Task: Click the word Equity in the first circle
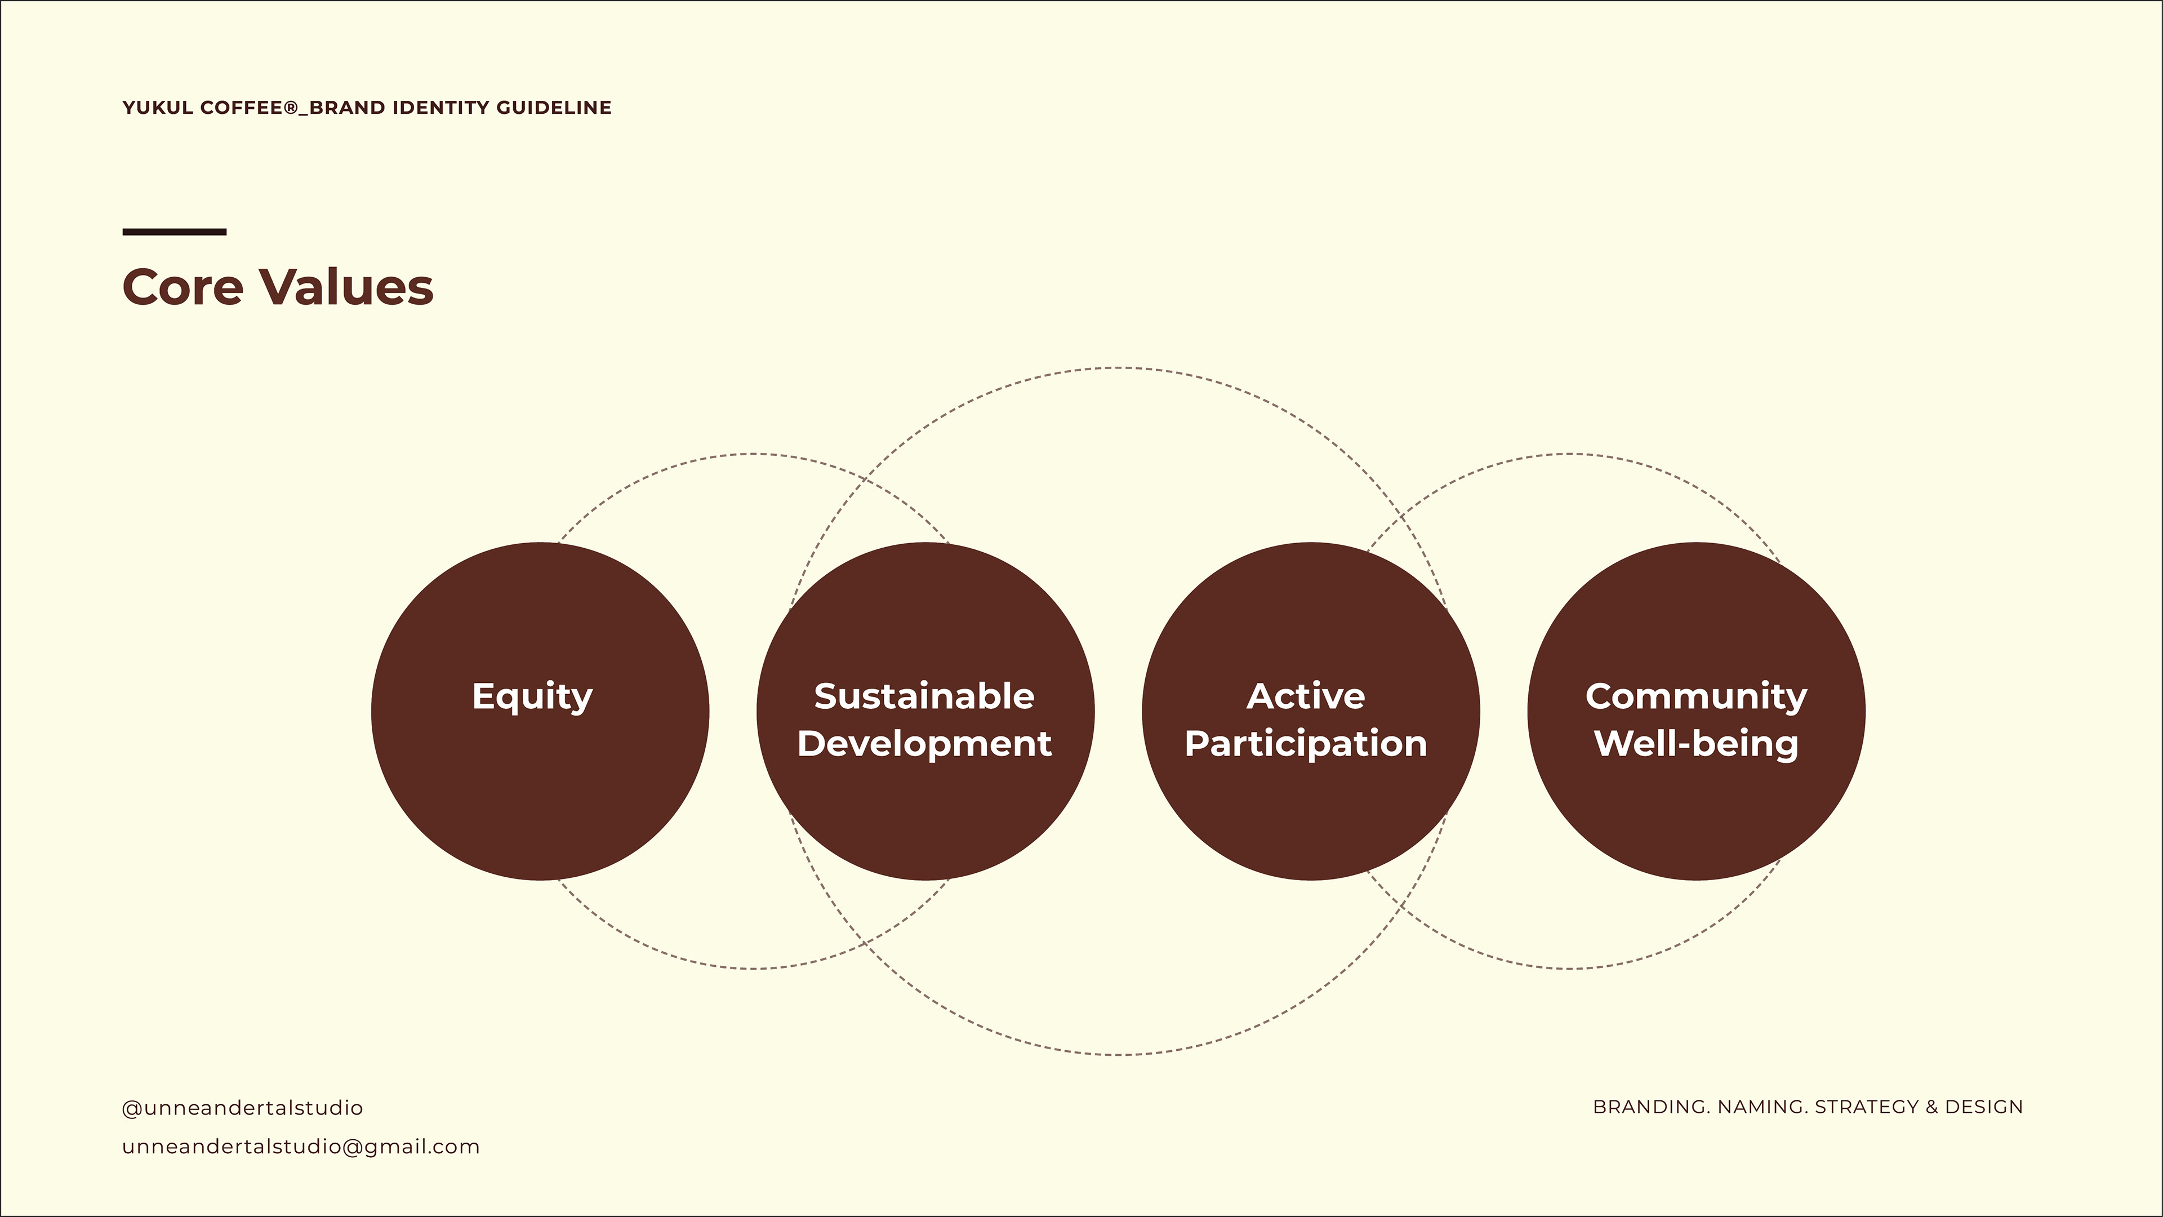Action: coord(532,697)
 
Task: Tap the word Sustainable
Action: coord(924,696)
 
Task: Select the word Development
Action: coord(924,743)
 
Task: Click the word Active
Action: coord(1306,696)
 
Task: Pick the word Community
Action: coord(1696,696)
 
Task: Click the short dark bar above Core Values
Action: coord(175,232)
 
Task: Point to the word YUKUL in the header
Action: coord(158,108)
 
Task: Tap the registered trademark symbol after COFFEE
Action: coord(291,108)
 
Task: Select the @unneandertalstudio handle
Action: coord(243,1108)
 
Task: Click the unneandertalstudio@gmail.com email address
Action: coord(301,1147)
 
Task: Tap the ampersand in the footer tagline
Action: coord(1931,1107)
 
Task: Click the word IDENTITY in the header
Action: coord(441,108)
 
